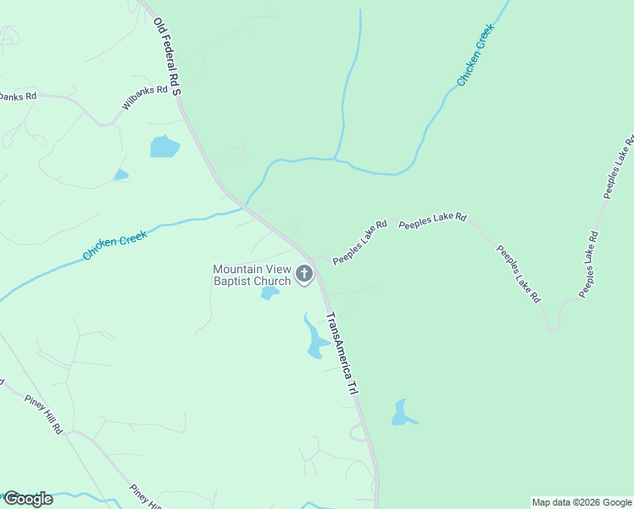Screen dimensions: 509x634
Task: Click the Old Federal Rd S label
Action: [167, 58]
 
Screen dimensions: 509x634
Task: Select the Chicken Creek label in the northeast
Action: [475, 54]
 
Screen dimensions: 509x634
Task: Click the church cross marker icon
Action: [304, 274]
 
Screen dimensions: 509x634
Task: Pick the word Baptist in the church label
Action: [233, 281]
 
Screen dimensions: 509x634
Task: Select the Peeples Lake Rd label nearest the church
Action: [359, 243]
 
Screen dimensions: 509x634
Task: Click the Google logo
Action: [28, 499]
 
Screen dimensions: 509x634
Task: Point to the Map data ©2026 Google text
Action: [581, 502]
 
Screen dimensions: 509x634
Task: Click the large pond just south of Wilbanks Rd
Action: [164, 147]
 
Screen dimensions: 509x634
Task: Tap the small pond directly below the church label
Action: [270, 294]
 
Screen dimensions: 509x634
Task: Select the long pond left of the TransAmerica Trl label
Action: [315, 339]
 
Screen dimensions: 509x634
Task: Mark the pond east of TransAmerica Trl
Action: [402, 413]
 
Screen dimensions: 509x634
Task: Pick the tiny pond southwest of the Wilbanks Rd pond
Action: [121, 175]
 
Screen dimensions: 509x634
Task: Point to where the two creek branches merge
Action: [336, 159]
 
